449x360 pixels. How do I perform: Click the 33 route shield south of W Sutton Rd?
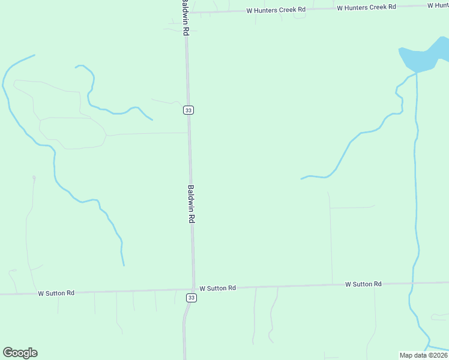point(191,298)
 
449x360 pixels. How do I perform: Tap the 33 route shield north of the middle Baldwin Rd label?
point(188,110)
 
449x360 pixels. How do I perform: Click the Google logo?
point(20,353)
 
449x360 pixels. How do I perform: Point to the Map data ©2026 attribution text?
point(423,355)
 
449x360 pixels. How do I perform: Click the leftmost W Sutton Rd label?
point(56,293)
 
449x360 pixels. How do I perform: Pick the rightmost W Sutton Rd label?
point(363,284)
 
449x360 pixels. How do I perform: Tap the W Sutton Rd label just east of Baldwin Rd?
point(218,288)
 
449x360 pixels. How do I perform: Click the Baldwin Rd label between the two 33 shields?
point(191,204)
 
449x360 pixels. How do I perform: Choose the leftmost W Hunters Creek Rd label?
point(276,10)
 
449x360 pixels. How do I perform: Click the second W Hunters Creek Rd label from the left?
point(366,7)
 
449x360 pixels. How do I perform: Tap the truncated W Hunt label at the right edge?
point(438,5)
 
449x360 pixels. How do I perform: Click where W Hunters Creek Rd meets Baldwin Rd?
point(186,12)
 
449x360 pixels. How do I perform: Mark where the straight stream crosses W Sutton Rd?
point(412,283)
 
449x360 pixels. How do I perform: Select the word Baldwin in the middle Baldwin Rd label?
point(191,197)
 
